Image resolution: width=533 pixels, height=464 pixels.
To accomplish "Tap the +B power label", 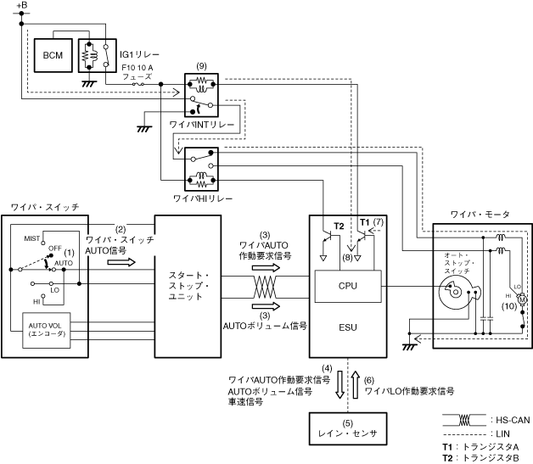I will tap(21, 6).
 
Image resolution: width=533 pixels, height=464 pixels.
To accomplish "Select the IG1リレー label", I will tap(134, 53).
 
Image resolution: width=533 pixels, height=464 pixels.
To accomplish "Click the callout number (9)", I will tap(201, 66).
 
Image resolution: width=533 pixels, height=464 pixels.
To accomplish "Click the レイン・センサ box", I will tap(347, 432).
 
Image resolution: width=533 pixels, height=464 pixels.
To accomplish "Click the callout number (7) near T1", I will tap(379, 222).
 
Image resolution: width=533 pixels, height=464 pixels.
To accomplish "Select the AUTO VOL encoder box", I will tap(44, 327).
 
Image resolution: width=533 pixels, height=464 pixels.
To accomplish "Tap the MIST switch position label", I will tap(33, 239).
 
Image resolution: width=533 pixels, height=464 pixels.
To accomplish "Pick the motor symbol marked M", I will tap(523, 299).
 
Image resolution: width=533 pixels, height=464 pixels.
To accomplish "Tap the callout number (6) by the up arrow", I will tap(368, 380).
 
